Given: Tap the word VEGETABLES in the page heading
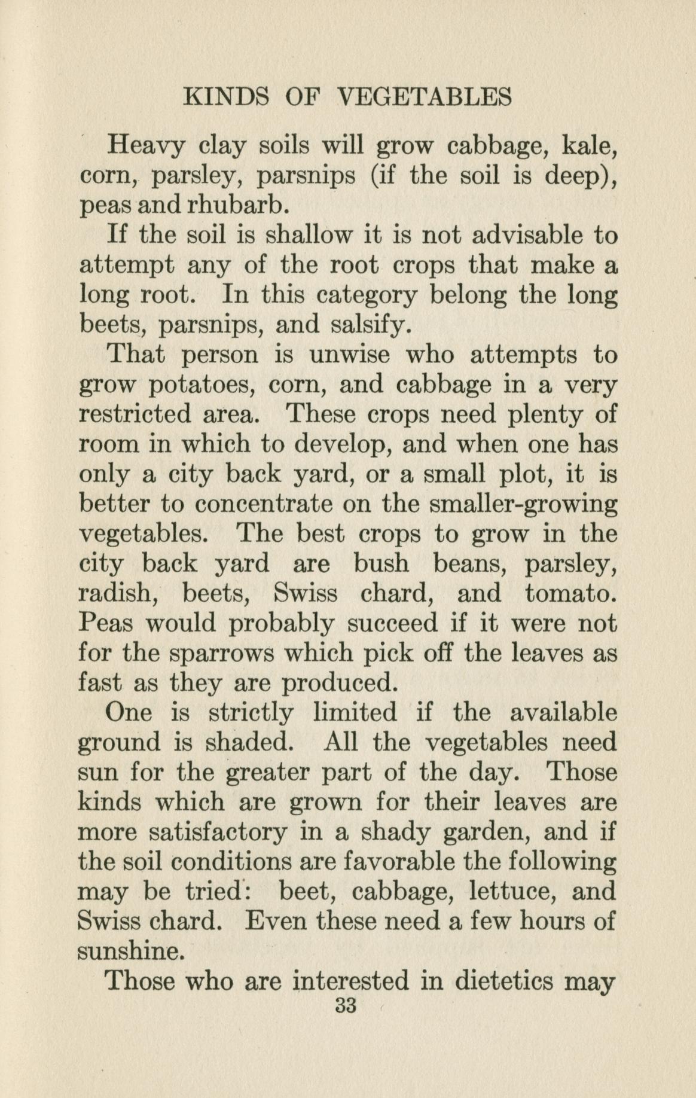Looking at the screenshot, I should [424, 97].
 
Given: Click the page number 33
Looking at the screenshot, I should [346, 1006].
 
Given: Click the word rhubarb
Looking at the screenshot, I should [239, 206].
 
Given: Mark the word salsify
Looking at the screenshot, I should [370, 325].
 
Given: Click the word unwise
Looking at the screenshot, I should [350, 355].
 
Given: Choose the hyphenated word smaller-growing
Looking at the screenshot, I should [524, 504].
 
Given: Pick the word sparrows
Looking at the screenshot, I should [222, 654].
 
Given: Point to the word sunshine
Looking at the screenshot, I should [130, 951].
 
